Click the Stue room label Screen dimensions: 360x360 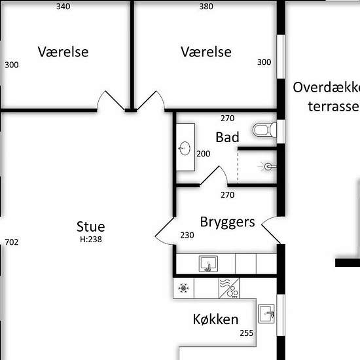point(91,226)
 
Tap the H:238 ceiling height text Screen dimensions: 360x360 point(91,240)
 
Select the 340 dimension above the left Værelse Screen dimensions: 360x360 point(63,7)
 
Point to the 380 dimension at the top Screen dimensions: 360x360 point(206,7)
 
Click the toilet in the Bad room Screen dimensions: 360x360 point(264,130)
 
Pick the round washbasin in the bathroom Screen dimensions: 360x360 point(185,149)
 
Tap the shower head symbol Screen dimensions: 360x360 point(268,167)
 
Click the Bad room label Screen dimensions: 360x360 point(227,137)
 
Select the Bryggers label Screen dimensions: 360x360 point(227,223)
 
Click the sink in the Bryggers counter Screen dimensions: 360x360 point(208,264)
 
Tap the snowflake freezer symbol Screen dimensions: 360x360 point(183,289)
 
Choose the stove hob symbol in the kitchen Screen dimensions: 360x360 point(229,289)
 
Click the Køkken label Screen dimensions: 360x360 point(215,319)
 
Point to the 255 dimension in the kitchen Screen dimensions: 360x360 point(247,333)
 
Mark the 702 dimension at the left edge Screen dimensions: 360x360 point(12,242)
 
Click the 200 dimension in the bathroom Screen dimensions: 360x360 point(203,154)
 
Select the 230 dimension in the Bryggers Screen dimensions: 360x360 point(187,236)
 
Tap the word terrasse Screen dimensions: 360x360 point(334,107)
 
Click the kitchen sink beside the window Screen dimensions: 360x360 point(266,314)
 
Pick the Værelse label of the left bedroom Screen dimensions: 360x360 point(63,52)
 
